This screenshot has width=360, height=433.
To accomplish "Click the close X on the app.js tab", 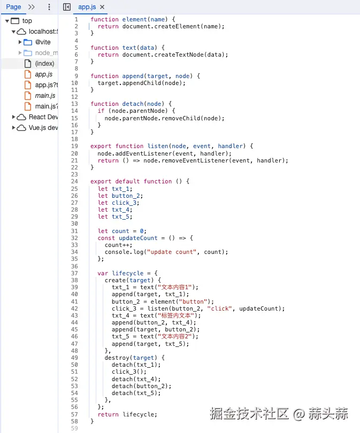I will coord(102,7).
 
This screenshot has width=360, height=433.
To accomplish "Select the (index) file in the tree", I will coord(44,64).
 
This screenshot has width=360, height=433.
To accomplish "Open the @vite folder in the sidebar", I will coord(43,42).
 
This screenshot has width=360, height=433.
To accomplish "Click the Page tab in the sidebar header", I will coord(13,7).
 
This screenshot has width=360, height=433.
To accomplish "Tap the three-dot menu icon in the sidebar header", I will coord(49,7).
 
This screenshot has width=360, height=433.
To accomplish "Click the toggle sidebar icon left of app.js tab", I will coord(67,7).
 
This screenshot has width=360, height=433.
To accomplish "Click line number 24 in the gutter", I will coord(74,181).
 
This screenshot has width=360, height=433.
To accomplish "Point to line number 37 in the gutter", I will coord(74,273).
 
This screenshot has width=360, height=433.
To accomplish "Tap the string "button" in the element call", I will coord(197,301).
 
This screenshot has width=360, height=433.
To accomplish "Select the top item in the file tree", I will coord(27,21).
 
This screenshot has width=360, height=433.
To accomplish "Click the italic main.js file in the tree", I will coord(45,96).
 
